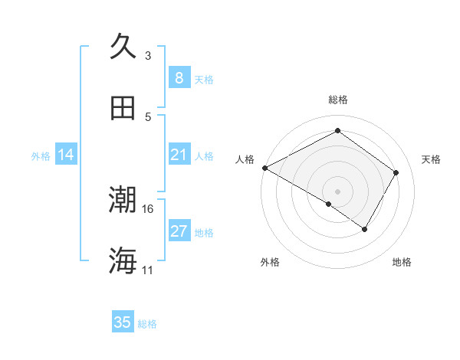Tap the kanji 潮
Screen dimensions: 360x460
123,201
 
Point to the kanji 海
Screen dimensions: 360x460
123,261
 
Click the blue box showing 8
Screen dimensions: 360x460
179,77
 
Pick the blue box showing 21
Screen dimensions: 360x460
179,155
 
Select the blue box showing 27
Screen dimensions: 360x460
179,231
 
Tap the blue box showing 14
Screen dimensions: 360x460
66,155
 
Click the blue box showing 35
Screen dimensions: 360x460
123,322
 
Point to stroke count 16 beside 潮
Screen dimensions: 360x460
148,208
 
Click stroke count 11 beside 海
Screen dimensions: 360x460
147,270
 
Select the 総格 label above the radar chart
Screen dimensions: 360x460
337,100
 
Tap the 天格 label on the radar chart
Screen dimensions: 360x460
432,159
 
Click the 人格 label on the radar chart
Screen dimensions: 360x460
245,159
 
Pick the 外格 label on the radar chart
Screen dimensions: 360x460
270,262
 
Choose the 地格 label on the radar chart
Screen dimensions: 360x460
402,262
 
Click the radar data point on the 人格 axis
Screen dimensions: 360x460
264,167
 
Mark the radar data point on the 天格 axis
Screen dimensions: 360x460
396,172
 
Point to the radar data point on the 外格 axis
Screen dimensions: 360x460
329,204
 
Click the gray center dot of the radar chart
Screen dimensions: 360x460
337,191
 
